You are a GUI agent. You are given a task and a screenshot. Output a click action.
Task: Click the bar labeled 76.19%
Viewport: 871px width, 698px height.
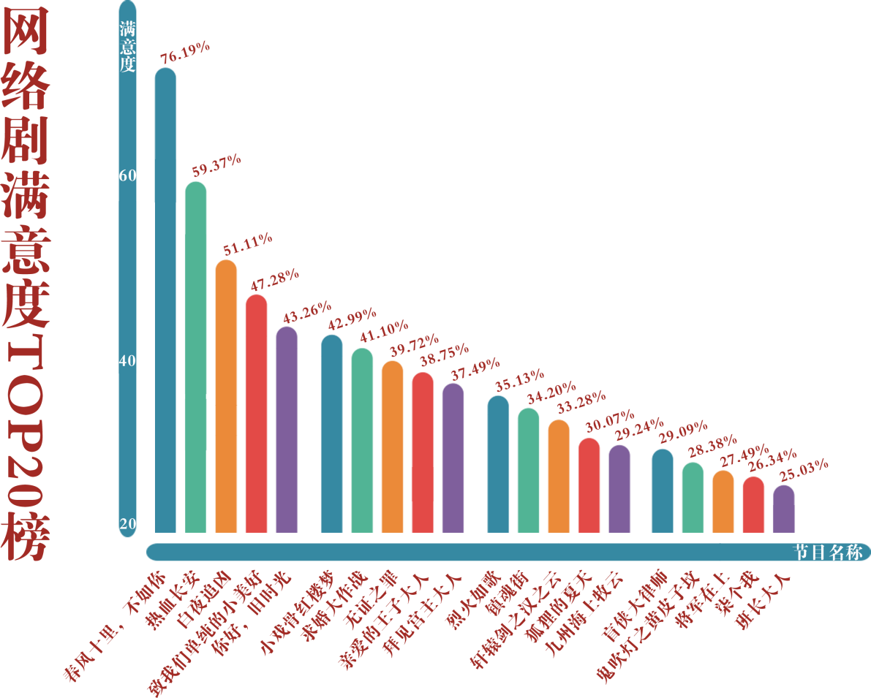(165, 300)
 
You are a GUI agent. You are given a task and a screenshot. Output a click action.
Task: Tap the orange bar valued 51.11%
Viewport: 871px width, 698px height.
(226, 395)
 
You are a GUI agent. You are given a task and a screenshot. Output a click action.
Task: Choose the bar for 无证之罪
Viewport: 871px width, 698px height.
(392, 447)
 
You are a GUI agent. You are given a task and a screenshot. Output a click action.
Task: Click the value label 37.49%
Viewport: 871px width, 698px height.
(475, 369)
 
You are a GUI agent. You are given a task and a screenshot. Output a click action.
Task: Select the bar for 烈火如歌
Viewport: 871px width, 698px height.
(498, 463)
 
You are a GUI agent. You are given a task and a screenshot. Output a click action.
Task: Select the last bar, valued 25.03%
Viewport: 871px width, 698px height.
(784, 509)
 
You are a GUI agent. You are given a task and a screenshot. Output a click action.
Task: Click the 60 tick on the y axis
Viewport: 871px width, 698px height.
(128, 176)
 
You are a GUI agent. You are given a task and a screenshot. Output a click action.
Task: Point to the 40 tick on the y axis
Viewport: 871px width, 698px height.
(128, 362)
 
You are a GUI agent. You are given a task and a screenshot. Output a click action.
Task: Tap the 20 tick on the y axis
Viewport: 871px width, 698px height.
(128, 524)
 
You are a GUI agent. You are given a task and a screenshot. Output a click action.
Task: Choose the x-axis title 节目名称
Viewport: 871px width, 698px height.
(829, 553)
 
